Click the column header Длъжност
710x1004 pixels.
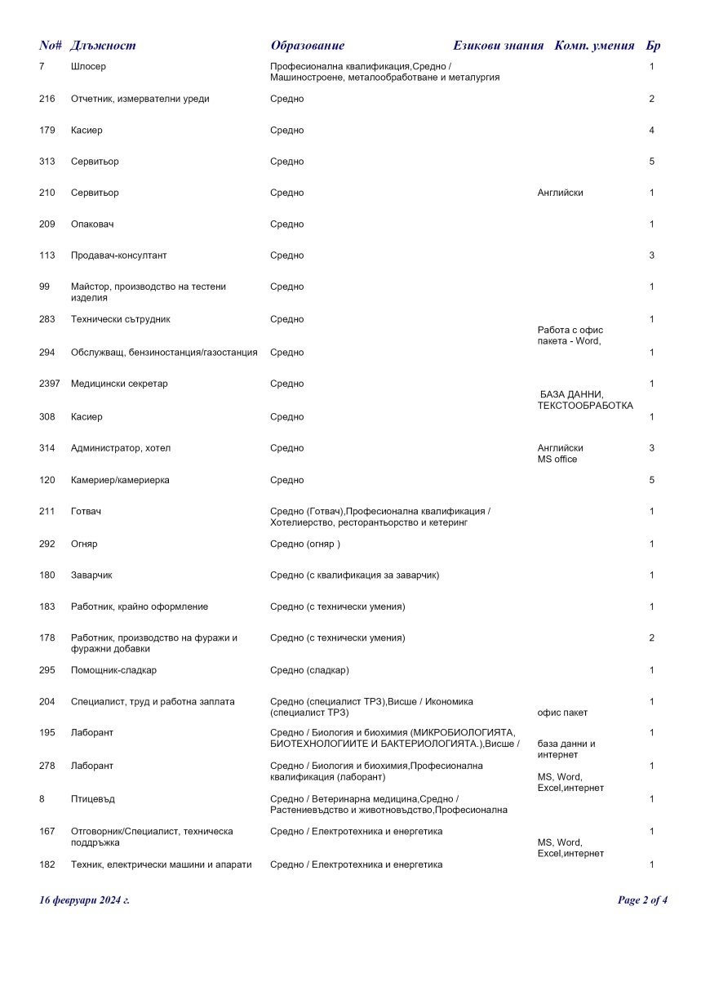tap(103, 46)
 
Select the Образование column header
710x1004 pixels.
tap(307, 46)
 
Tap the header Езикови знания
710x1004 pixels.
tap(498, 46)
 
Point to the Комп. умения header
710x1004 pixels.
tap(594, 46)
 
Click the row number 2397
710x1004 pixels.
tap(50, 384)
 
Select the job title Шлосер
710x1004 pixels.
tap(88, 66)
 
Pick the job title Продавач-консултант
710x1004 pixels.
tap(118, 255)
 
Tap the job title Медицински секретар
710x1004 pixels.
tap(119, 384)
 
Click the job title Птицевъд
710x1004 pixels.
tap(92, 798)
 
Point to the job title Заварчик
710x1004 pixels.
tap(91, 575)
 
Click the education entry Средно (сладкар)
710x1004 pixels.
tap(309, 670)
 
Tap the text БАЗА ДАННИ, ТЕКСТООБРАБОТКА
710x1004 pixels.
tap(585, 400)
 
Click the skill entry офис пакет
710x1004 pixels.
tap(562, 713)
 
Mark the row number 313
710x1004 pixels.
tap(47, 162)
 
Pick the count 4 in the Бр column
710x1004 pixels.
tap(652, 131)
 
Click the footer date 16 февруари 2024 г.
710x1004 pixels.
tap(85, 900)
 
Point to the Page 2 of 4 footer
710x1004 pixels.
tap(642, 900)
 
